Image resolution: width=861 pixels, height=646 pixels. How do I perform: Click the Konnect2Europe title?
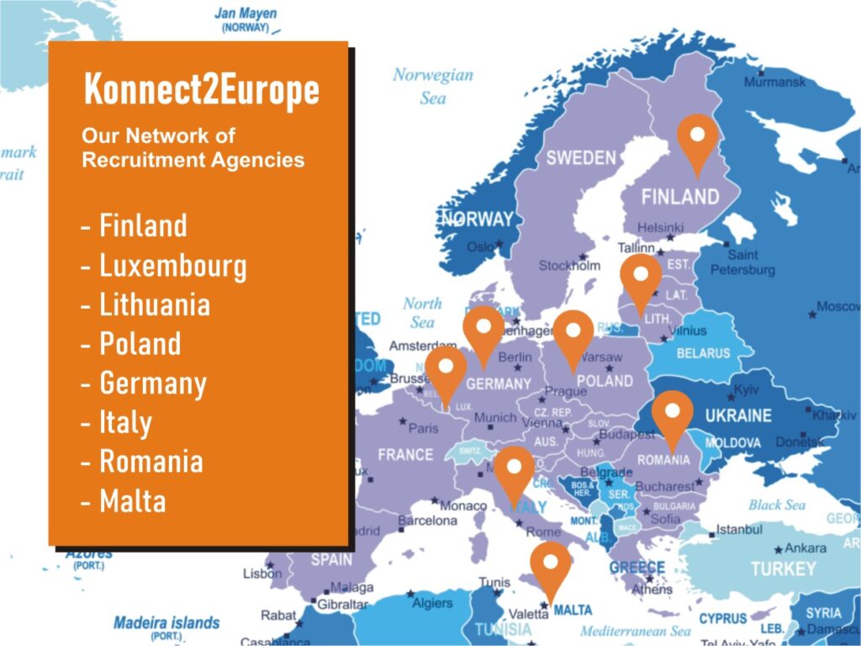coord(201,91)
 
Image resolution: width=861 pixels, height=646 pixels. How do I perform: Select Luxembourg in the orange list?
coord(173,266)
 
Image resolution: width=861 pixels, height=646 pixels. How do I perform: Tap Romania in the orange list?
coord(151,462)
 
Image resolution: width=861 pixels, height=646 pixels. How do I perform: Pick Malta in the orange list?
coord(133,501)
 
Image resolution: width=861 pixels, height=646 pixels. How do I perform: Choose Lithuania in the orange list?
coord(155,304)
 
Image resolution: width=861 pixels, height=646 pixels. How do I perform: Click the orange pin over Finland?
coord(697,140)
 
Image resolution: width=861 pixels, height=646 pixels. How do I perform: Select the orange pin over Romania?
coord(673,418)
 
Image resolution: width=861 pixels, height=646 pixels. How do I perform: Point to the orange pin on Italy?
coord(514,473)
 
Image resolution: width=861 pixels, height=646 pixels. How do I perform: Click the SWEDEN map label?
coord(581,157)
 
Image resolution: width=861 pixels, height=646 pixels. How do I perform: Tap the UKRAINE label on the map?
coord(738,416)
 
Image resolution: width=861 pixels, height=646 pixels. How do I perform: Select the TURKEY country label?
coord(783,569)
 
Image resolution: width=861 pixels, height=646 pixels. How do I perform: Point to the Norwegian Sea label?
coord(433,86)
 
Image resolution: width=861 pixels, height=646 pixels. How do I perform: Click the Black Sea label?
coord(776,505)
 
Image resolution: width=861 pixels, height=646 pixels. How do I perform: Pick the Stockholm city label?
coord(570,266)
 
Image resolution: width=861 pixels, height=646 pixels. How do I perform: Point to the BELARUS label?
coord(703,353)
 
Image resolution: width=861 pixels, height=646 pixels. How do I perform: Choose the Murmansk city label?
coord(774,82)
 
